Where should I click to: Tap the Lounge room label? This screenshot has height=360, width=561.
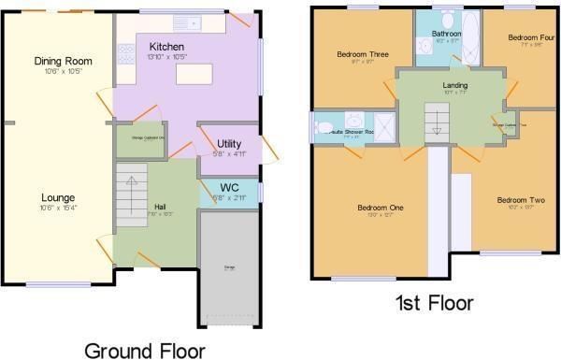pyautogui.click(x=58, y=197)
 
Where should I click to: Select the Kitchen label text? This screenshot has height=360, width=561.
pyautogui.click(x=165, y=46)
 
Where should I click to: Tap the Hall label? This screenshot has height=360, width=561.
pyautogui.click(x=162, y=204)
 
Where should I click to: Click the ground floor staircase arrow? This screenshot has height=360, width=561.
pyautogui.click(x=133, y=181)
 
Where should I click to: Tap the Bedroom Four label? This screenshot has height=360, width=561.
pyautogui.click(x=531, y=37)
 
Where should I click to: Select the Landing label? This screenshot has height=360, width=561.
pyautogui.click(x=455, y=85)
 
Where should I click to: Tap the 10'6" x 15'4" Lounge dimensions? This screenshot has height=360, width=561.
pyautogui.click(x=58, y=209)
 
